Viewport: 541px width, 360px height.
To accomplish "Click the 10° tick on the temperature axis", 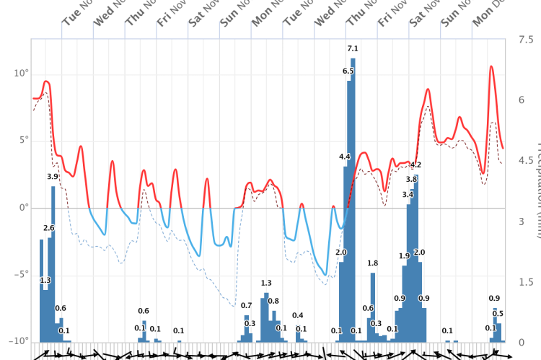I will point(19,74).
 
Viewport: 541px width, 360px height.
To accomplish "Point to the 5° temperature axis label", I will point(22,141).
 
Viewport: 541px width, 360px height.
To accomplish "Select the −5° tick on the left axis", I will point(19,274).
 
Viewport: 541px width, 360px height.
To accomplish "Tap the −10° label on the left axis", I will point(17,341).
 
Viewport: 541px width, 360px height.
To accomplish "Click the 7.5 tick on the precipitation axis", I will point(526,40).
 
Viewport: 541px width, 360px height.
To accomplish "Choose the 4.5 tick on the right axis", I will point(526,161).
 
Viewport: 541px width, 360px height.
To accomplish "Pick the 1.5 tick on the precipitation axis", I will point(526,282).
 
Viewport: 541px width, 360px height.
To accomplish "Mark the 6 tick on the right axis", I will point(522,100).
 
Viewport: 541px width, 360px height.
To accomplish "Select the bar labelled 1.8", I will point(373,303).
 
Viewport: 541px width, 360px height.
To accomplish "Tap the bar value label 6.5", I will point(348,71).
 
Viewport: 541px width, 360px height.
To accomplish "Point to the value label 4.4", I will point(345,157).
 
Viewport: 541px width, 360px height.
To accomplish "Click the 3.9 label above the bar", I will point(53,177).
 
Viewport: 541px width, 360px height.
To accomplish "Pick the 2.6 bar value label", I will point(49,228).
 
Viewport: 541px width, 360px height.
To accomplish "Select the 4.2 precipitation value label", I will point(415,165).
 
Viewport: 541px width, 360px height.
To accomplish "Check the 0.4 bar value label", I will point(298,316).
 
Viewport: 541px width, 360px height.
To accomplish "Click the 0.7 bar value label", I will point(246,306).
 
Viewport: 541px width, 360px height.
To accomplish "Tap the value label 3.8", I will point(411,180).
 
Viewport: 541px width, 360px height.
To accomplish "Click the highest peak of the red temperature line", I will point(491,67).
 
